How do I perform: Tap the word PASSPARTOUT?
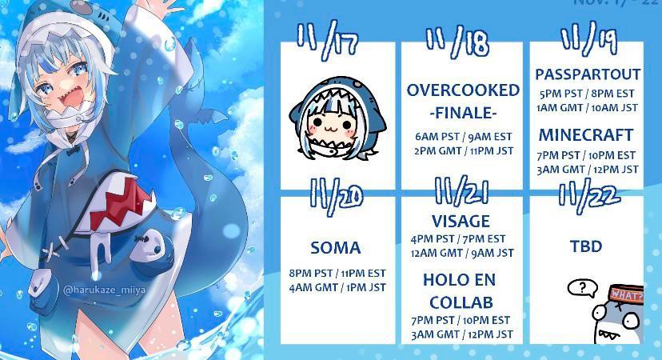coord(588,74)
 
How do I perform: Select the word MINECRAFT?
coord(586,134)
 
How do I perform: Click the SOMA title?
coord(336,248)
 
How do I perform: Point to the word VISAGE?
coord(461,222)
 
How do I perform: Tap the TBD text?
coord(586,246)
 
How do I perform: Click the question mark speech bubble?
coord(580,287)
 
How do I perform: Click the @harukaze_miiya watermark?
coord(102,288)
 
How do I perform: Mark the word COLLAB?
coord(460,302)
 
